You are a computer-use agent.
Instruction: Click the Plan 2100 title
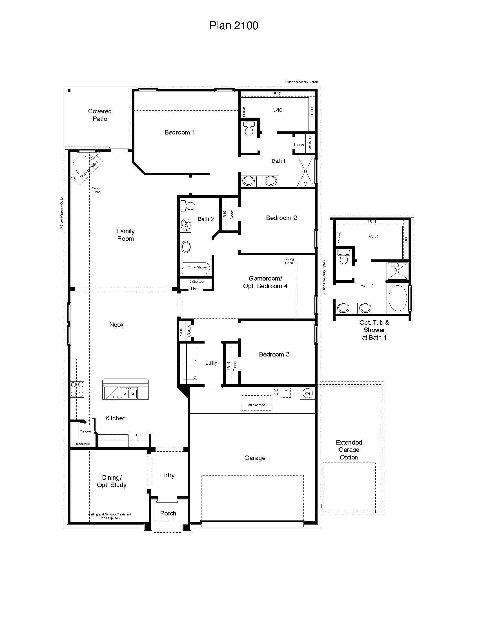point(234,26)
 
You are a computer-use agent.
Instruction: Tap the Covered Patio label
point(100,115)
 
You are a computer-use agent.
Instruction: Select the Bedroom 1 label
point(180,132)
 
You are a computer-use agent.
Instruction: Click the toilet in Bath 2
point(188,206)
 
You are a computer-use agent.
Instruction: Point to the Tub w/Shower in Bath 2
point(196,268)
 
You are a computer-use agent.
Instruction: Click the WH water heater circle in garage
point(308,393)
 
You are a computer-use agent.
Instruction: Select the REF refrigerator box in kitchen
point(139,438)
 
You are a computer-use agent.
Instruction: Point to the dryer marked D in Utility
point(190,355)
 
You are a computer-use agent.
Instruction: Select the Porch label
point(168,513)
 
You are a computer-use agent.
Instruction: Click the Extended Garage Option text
point(349,450)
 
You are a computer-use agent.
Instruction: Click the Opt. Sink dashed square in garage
point(286,393)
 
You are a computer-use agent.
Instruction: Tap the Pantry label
point(85,432)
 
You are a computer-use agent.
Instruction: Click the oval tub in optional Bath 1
point(398,298)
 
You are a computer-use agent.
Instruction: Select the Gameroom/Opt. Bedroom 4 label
point(265,282)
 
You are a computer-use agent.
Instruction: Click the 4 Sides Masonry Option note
point(301,82)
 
